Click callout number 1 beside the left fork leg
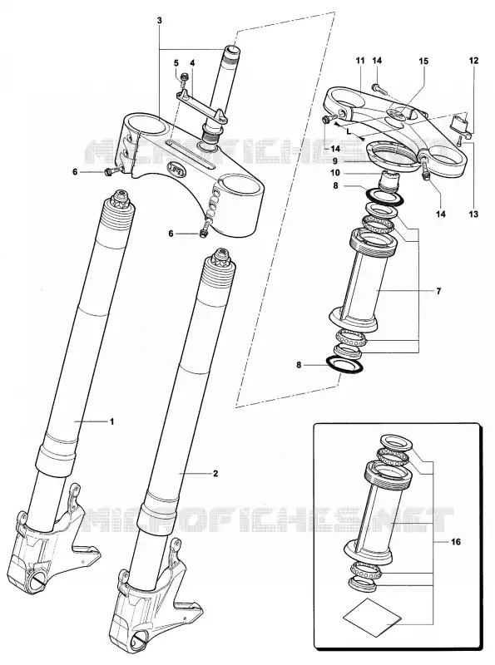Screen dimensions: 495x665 coord(112,421)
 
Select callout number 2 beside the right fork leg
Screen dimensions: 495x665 coord(215,473)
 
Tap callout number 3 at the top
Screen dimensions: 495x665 coord(160,20)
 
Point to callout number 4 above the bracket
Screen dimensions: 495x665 coord(192,63)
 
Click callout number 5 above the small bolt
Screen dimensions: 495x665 coord(176,63)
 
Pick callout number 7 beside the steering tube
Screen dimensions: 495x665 coord(438,291)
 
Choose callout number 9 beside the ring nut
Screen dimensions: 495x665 coord(335,161)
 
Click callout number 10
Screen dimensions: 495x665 coord(335,173)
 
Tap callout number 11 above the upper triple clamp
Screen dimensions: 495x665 coord(360,61)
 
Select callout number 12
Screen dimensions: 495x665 coord(473,61)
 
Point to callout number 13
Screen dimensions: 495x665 coord(473,214)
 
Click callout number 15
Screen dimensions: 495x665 coord(423,61)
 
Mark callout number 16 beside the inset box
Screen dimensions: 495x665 coord(456,542)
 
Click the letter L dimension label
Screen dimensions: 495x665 coord(349,131)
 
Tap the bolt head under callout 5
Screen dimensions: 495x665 coord(184,76)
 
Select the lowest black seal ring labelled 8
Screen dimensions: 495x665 coord(344,365)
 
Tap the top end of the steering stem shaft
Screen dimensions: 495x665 coord(233,50)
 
